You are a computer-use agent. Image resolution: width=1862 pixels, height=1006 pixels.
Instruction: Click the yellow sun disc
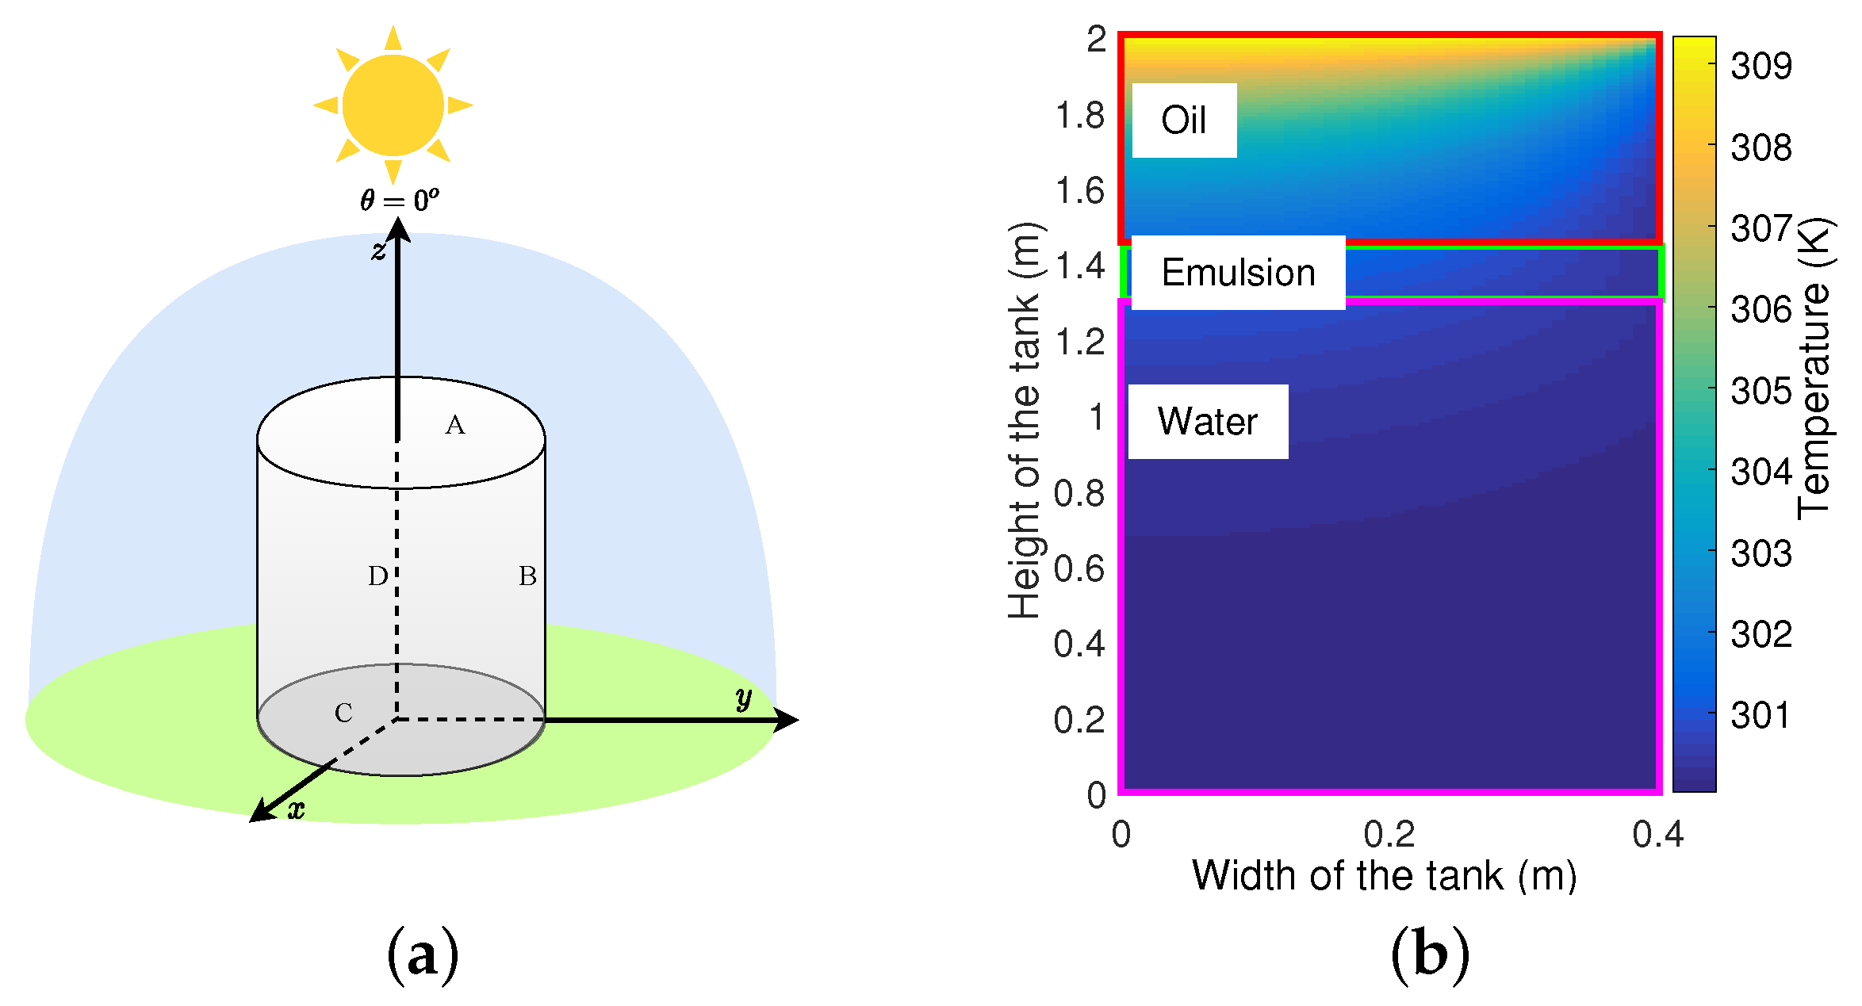(x=393, y=105)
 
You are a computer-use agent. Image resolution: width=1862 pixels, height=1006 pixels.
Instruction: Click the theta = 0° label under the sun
(x=399, y=200)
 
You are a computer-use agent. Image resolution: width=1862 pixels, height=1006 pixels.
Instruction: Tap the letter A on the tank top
(x=454, y=426)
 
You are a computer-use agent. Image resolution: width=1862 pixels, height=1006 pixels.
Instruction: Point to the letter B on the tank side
(x=527, y=576)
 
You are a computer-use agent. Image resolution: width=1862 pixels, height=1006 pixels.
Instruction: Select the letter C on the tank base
(x=343, y=713)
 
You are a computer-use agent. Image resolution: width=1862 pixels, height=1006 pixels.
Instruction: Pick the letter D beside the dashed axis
(x=377, y=576)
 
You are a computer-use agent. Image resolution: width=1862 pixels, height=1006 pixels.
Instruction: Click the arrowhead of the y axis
(x=786, y=720)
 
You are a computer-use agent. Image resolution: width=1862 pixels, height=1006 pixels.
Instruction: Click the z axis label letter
(x=378, y=251)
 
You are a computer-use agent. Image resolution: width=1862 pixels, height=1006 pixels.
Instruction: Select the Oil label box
(x=1184, y=120)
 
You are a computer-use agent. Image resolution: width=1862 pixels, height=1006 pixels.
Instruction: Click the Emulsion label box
(x=1238, y=273)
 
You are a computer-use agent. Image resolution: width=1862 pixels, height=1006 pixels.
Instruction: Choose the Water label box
(x=1208, y=422)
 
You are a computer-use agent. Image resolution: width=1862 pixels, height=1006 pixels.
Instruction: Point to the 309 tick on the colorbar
(x=1760, y=66)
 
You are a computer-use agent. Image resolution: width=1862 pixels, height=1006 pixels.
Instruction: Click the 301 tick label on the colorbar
(x=1760, y=716)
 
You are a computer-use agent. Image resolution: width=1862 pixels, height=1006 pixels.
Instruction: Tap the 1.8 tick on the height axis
(x=1079, y=116)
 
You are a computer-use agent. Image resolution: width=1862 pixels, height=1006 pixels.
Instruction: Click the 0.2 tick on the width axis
(x=1389, y=835)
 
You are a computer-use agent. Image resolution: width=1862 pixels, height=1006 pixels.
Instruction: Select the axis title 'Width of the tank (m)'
(x=1385, y=877)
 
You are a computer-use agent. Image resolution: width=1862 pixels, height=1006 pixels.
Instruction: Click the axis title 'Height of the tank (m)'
(x=1025, y=420)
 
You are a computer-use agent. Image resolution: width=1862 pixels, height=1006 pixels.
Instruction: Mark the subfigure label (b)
(x=1430, y=954)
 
